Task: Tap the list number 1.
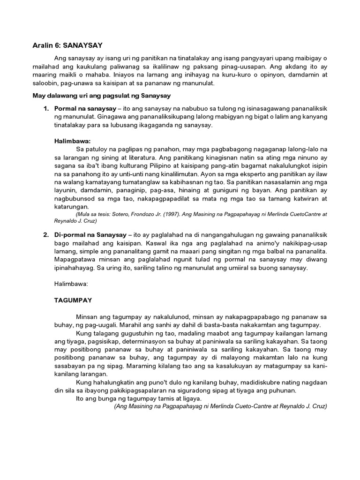coord(46,108)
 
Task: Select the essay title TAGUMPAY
coord(73,300)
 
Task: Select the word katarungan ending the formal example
coord(73,206)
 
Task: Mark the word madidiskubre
coord(222,382)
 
